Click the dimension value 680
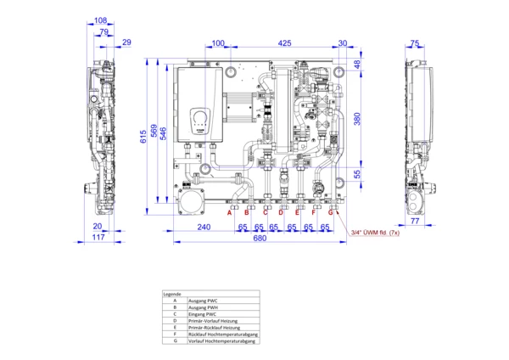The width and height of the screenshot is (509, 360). click(x=260, y=238)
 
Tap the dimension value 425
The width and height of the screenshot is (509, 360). click(x=284, y=42)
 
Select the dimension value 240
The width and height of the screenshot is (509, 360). click(x=204, y=227)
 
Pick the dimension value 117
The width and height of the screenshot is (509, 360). click(x=98, y=238)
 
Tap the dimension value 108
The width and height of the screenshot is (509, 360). click(x=100, y=20)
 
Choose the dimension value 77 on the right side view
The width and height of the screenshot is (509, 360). click(x=415, y=220)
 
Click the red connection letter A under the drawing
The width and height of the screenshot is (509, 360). click(x=229, y=212)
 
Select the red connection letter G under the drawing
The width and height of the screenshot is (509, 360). click(x=331, y=212)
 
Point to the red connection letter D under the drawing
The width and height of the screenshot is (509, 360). click(x=281, y=212)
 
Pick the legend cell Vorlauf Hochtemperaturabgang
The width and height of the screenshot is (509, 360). click(x=222, y=340)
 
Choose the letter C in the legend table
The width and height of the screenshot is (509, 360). click(x=174, y=313)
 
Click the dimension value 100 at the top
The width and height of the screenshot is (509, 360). click(x=218, y=42)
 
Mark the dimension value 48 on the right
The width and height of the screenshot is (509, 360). click(x=357, y=64)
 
